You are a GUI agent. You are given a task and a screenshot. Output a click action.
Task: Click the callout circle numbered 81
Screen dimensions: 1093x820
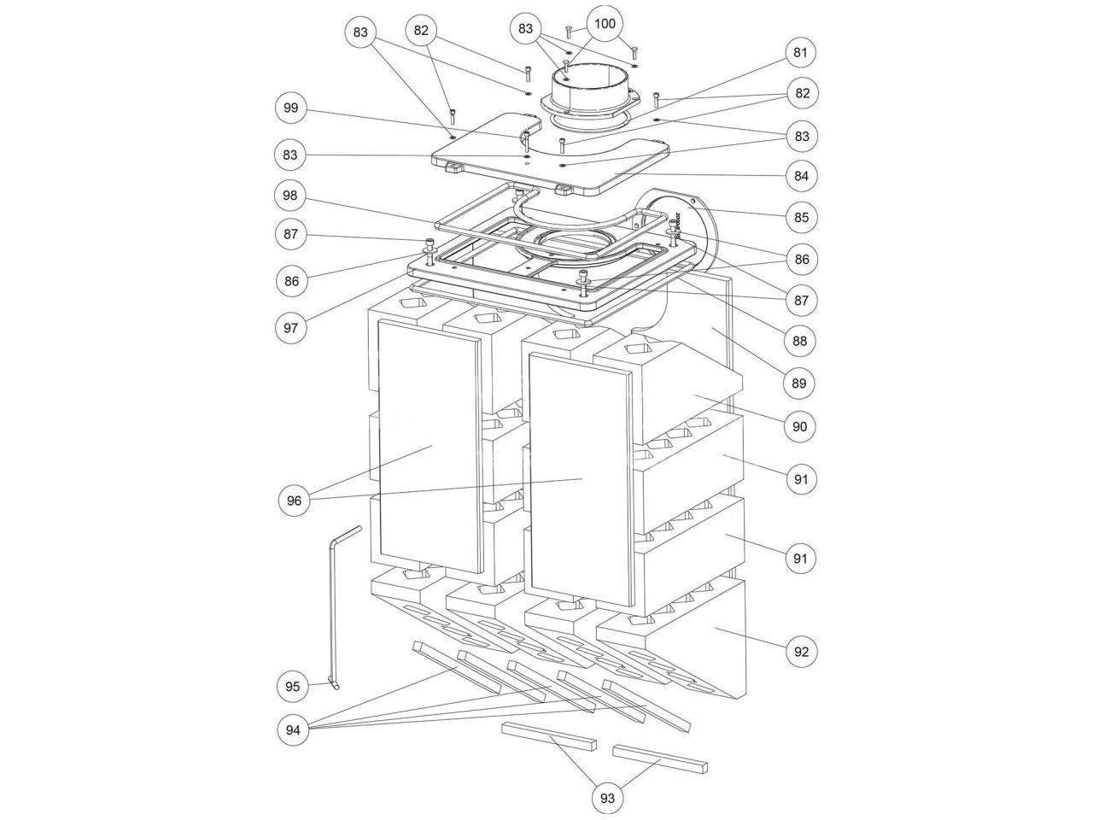tap(800, 52)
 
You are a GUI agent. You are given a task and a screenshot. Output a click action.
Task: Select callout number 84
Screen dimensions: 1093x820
tap(801, 176)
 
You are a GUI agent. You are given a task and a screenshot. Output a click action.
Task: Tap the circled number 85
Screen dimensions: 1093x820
tap(801, 218)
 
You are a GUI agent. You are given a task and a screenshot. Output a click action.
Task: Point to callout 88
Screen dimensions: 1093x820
tap(800, 341)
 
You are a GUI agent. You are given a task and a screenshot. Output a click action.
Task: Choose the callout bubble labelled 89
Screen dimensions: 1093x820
tap(798, 383)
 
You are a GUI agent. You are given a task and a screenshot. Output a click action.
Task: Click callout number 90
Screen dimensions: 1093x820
tap(799, 426)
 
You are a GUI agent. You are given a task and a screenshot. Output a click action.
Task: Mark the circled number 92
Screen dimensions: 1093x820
tap(801, 652)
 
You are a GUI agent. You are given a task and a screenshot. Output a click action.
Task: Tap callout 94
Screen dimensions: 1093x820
tap(293, 729)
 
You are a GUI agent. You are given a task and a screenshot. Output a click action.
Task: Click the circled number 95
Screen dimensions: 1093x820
tap(292, 687)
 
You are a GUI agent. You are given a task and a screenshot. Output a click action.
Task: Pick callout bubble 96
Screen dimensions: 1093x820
tap(294, 501)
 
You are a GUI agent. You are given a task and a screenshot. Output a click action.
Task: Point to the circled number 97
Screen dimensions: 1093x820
tap(291, 328)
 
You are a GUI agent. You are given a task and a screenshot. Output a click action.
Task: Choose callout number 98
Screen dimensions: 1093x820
tap(289, 195)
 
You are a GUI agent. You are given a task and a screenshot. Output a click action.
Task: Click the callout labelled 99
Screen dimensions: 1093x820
tap(291, 108)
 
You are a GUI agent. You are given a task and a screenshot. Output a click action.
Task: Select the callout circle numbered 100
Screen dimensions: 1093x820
tap(605, 23)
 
